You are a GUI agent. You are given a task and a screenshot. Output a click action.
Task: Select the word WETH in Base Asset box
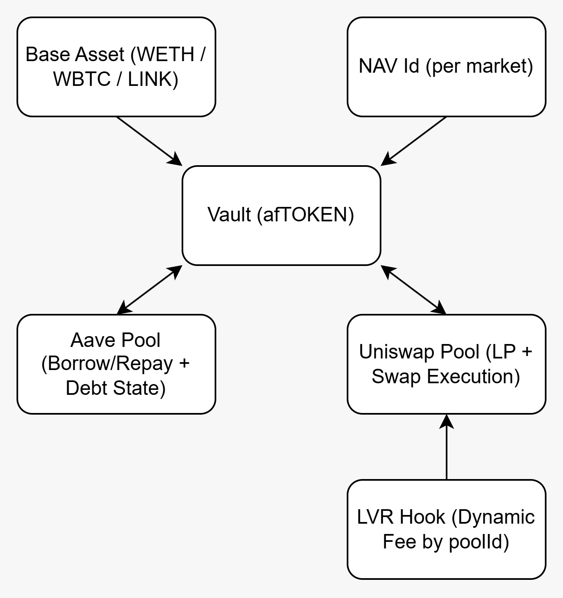(x=166, y=55)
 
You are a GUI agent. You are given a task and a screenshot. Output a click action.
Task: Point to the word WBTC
(x=82, y=79)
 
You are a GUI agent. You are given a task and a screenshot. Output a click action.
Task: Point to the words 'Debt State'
(x=116, y=388)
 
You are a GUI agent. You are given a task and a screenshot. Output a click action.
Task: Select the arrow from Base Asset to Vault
(x=149, y=141)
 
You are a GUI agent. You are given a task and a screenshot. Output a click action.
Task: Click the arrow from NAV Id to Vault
(x=414, y=141)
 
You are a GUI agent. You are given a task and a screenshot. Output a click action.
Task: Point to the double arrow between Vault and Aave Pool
(x=149, y=290)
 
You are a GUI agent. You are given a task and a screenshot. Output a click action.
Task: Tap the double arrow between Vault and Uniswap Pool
(x=414, y=290)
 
